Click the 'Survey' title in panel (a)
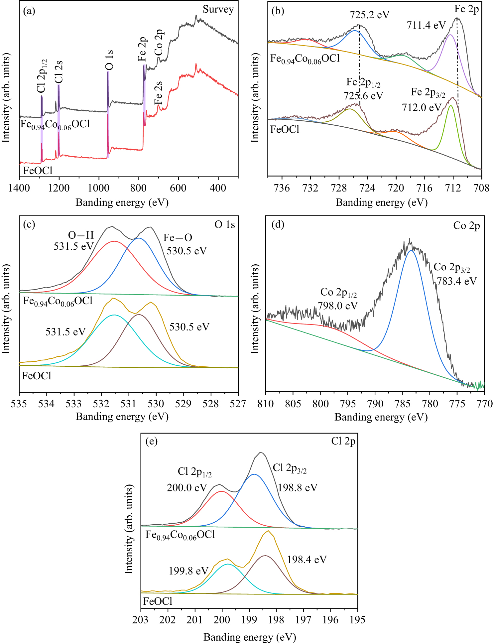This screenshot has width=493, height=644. pos(218,10)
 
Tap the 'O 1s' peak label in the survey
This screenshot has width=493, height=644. pos(110,60)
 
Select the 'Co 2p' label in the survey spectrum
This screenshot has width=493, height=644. pos(159,43)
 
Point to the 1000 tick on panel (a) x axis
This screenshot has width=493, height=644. pos(99,188)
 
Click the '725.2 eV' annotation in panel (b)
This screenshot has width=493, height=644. pos(369,15)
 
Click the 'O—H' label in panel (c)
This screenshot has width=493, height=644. pos(81,235)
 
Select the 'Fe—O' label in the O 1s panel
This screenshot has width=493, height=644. pos(178,238)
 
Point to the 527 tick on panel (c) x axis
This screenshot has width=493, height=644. pos(238,404)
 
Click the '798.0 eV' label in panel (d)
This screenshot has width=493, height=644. pos(337,306)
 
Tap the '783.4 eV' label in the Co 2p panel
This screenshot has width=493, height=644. pos(456,281)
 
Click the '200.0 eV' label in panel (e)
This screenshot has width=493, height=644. pos(187,488)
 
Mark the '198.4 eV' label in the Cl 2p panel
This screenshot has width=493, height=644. pos(307,560)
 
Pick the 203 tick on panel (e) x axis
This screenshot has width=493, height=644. pos(141,620)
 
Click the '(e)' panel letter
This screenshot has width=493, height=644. pos(152,441)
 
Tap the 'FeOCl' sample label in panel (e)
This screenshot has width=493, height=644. pos(158,601)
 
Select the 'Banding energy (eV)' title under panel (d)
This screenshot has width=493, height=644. pos(381,417)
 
